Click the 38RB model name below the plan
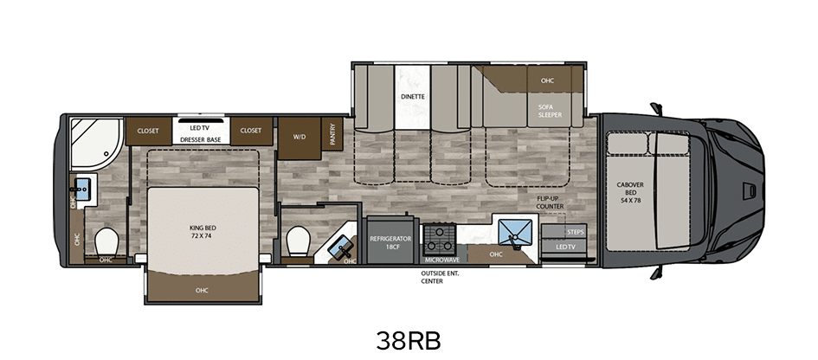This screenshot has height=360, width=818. point(409,341)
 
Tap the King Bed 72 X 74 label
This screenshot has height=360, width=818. point(203,232)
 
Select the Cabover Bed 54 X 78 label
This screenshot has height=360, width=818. point(628,192)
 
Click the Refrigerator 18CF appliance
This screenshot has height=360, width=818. point(391,240)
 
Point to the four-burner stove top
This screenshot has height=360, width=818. point(439,240)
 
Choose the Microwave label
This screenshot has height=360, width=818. point(441,260)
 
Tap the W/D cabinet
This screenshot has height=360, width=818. point(299,138)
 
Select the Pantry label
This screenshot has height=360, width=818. point(332,134)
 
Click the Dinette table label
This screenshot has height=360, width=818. point(413,97)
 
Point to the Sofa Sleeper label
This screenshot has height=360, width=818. point(551,111)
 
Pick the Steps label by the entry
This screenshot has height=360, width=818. point(575,232)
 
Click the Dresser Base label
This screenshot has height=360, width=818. point(201,140)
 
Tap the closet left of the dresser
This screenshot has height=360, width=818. point(149,131)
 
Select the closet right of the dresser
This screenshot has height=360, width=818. point(251,131)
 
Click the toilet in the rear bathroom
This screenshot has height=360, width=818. point(107,242)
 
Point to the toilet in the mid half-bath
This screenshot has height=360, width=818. point(299,241)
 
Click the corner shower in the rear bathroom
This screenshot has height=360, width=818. point(96,143)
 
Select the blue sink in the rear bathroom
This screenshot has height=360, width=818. point(82,187)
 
